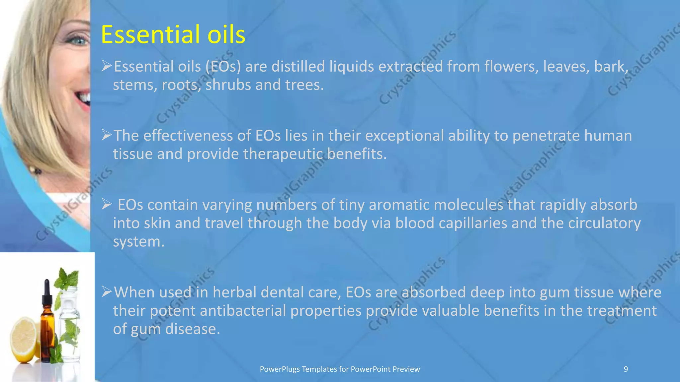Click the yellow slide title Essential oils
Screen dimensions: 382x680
173,34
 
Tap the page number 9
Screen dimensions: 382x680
626,369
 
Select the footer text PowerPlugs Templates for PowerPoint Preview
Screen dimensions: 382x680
340,369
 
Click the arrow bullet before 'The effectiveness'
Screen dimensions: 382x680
107,135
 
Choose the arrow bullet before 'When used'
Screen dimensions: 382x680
107,292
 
